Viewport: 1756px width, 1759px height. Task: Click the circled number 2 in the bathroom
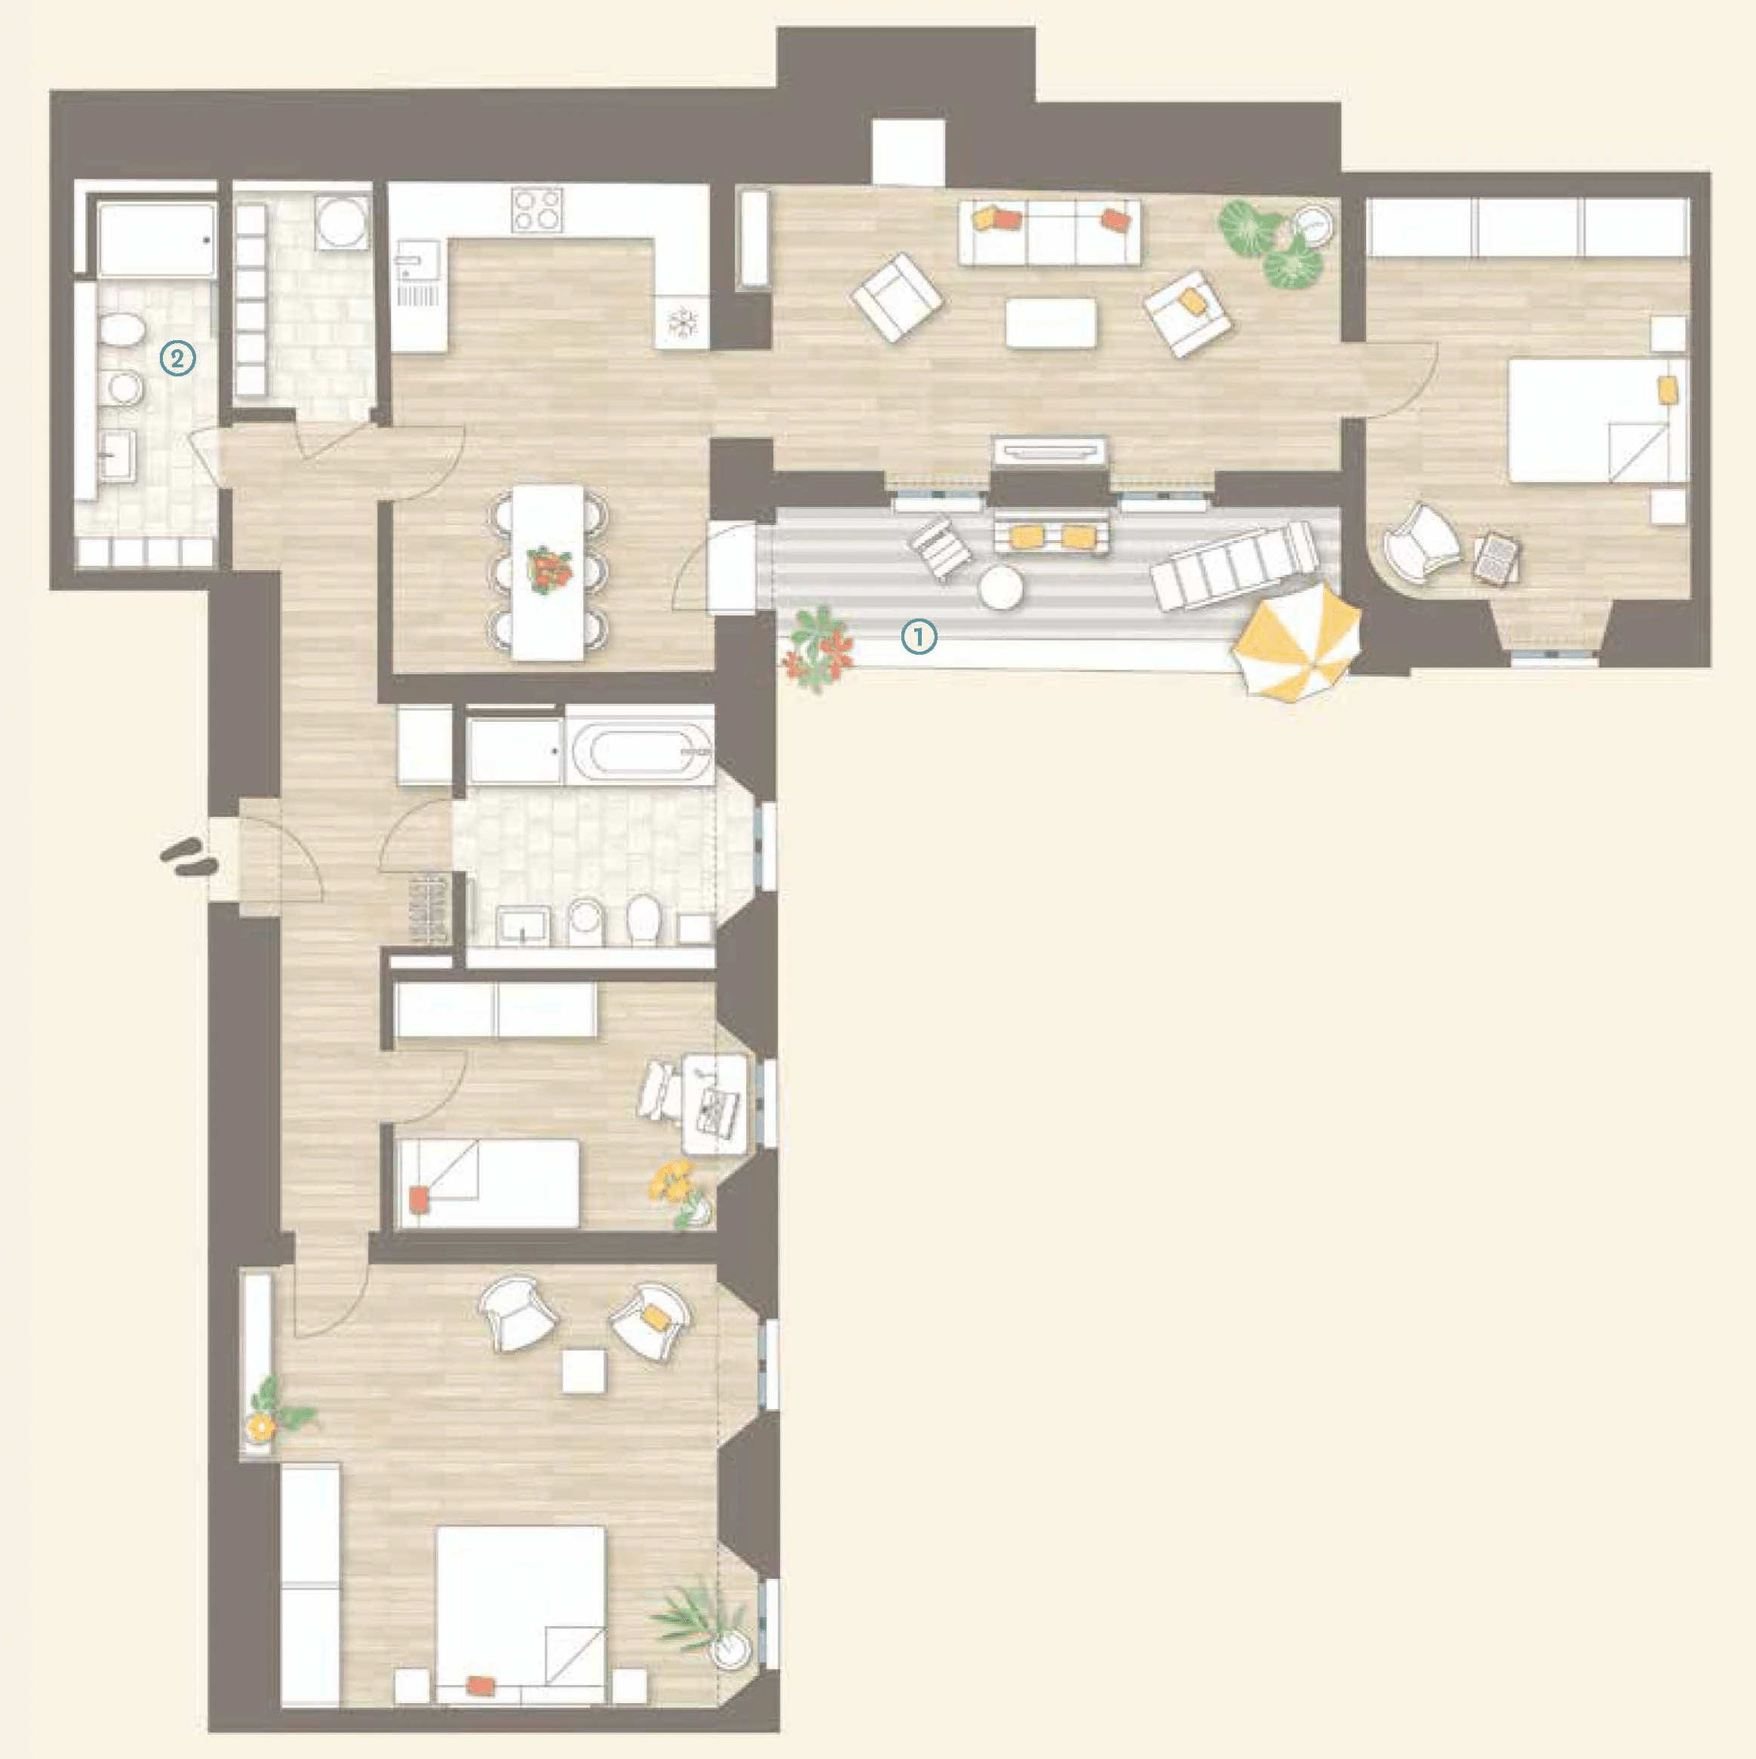click(177, 358)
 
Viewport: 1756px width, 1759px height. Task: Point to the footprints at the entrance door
click(189, 858)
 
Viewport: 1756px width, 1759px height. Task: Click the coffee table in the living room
click(1051, 322)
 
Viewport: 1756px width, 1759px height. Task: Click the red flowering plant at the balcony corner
click(817, 647)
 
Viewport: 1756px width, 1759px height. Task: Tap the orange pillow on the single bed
click(419, 1199)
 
